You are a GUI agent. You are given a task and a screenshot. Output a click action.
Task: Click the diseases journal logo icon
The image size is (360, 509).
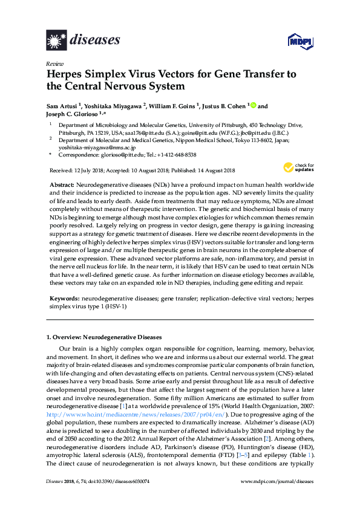(x=56, y=41)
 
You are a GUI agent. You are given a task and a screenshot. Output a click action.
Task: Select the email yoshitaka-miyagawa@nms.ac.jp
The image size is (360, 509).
(x=92, y=146)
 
